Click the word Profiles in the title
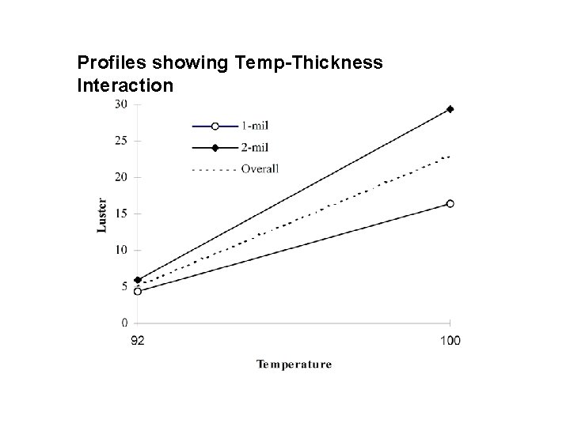105,61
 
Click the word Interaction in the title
124,84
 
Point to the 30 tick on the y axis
120,104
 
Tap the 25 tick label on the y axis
120,141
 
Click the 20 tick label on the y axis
120,177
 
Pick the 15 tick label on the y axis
120,213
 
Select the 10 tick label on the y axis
120,250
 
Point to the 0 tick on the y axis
124,323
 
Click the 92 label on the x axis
137,341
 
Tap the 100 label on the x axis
450,341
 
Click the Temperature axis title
294,365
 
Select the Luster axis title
101,214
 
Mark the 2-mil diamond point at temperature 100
450,109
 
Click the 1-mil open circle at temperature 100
450,203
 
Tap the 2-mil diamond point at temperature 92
138,280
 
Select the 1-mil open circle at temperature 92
138,291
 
